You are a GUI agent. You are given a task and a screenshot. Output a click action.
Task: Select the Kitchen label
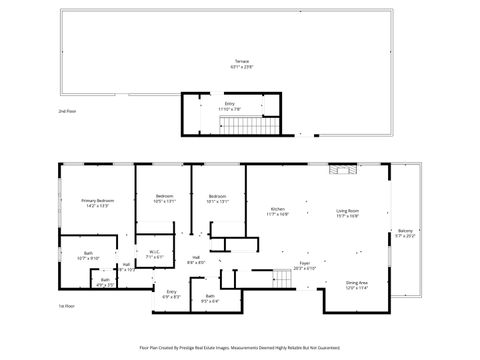pyautogui.click(x=277, y=208)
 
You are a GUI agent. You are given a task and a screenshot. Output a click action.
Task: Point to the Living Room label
pyautogui.click(x=347, y=210)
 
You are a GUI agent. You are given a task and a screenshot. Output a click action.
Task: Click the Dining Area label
pyautogui.click(x=357, y=283)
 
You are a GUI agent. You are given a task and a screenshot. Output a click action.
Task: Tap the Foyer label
pyautogui.click(x=304, y=264)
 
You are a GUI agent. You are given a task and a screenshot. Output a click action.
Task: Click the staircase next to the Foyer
pyautogui.click(x=282, y=280)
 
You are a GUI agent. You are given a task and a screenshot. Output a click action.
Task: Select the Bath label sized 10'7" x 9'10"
pyautogui.click(x=88, y=254)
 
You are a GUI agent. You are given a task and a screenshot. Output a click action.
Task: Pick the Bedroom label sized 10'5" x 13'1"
pyautogui.click(x=164, y=196)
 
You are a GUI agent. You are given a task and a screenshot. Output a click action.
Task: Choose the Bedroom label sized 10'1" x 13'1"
pyautogui.click(x=218, y=196)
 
